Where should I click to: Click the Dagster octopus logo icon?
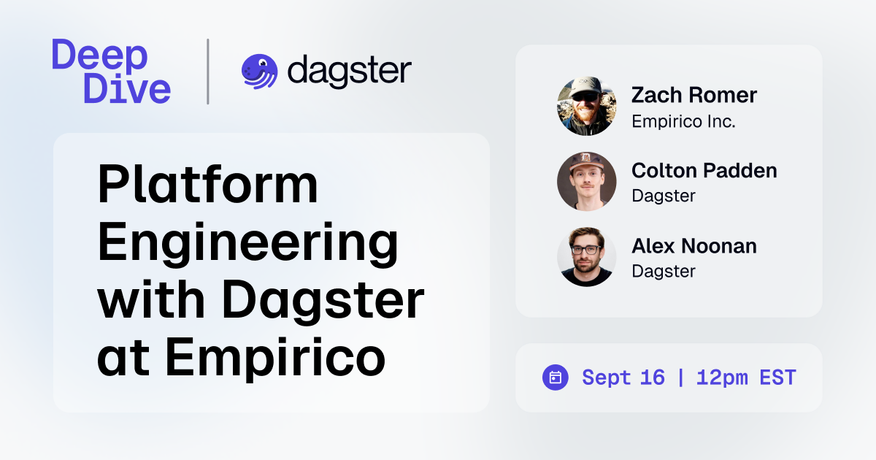(x=259, y=72)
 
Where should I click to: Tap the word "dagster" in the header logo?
(x=349, y=71)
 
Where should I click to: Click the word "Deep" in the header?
(x=100, y=55)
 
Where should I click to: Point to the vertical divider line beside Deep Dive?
(x=208, y=72)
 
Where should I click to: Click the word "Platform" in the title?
(x=207, y=185)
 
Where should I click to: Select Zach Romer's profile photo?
(x=586, y=107)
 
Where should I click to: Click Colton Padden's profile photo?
(x=586, y=182)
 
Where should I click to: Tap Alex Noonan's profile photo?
(x=586, y=257)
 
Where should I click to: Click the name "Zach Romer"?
(x=693, y=95)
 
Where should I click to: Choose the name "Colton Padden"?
(x=704, y=170)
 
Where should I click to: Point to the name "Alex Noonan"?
(x=693, y=246)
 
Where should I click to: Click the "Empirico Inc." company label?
(x=683, y=120)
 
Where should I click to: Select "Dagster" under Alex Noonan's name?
(x=663, y=271)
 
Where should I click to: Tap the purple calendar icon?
(x=555, y=377)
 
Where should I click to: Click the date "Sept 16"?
(x=623, y=377)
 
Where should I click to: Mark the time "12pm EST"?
(x=745, y=377)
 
